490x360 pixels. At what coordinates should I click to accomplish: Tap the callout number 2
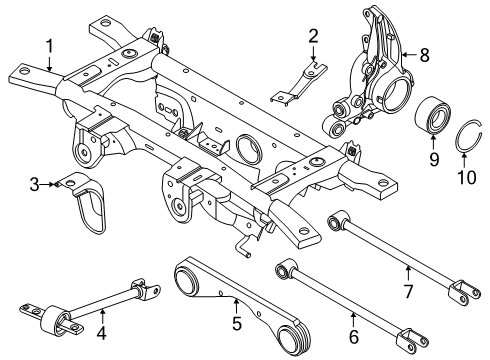[x=313, y=37]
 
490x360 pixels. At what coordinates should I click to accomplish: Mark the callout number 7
[x=407, y=265]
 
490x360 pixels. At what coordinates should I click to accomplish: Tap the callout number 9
[x=433, y=158]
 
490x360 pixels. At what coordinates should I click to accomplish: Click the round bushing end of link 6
[x=287, y=266]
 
